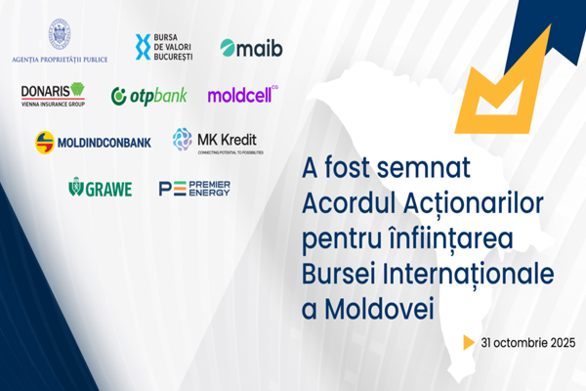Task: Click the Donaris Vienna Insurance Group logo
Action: pyautogui.click(x=53, y=94)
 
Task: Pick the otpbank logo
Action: pyautogui.click(x=148, y=96)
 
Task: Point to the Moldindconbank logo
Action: pyautogui.click(x=93, y=142)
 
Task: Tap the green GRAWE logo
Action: pyautogui.click(x=100, y=188)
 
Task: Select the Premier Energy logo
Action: pyautogui.click(x=194, y=188)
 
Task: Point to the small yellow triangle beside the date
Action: pyautogui.click(x=470, y=342)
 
